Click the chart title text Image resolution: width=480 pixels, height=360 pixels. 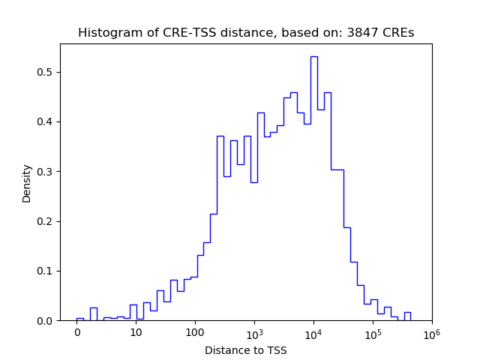pos(246,33)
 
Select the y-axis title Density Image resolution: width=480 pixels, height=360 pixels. pos(27,182)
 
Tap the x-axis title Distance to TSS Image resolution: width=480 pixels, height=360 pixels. pos(246,350)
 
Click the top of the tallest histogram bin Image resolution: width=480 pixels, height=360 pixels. pos(313,57)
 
